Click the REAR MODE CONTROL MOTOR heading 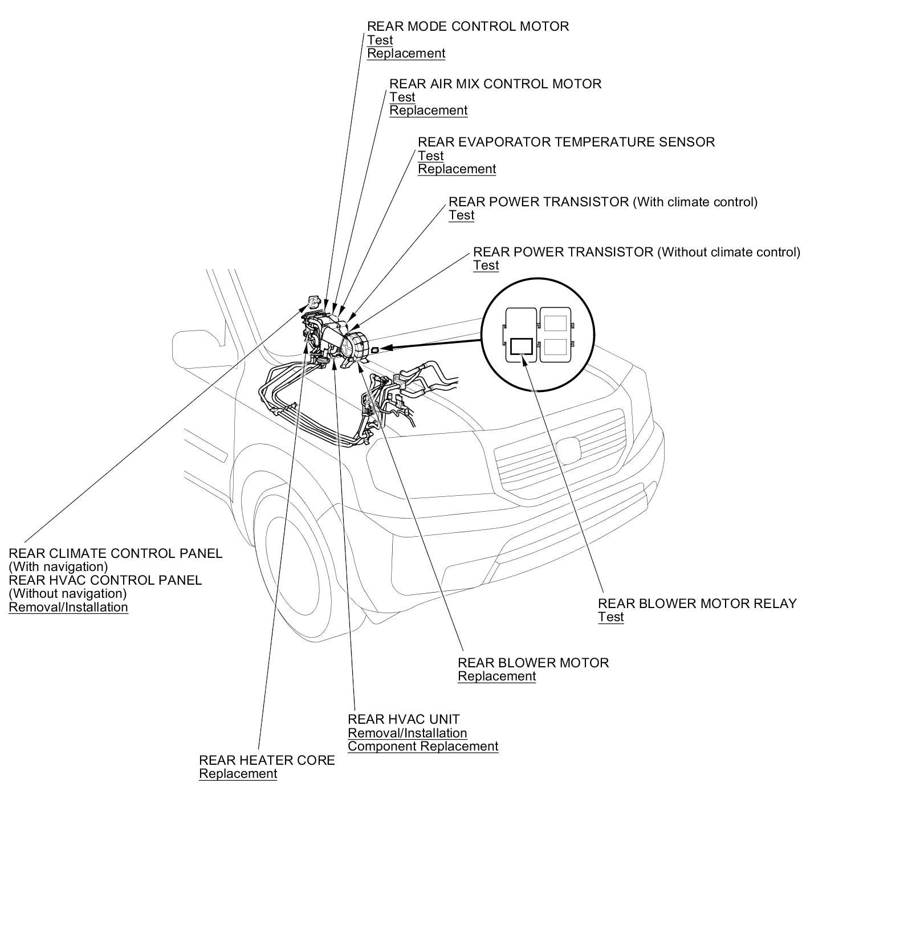[x=467, y=27]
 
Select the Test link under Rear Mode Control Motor [x=380, y=40]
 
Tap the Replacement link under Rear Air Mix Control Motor [x=428, y=111]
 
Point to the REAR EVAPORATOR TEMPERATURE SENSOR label [x=566, y=142]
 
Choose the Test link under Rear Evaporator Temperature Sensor [x=430, y=156]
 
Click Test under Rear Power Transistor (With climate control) [x=461, y=215]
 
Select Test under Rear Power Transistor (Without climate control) [x=486, y=266]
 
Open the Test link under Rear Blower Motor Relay [x=610, y=617]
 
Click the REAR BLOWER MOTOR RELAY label [x=697, y=603]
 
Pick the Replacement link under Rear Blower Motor [x=496, y=676]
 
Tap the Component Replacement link [x=423, y=747]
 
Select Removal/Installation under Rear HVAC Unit [x=407, y=733]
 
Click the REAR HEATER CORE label [x=267, y=760]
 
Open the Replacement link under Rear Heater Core [x=238, y=774]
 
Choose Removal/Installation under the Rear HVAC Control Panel [x=68, y=607]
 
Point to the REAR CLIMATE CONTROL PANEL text [x=115, y=553]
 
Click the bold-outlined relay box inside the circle [x=521, y=346]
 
